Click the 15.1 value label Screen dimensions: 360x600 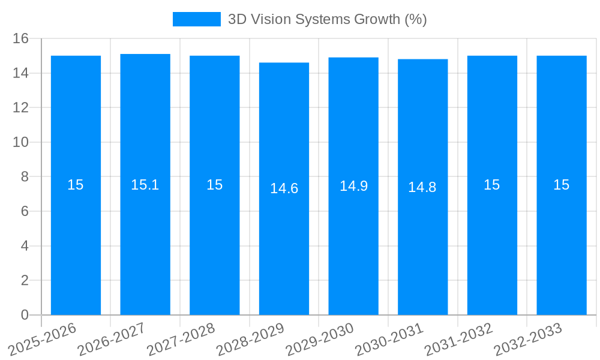pyautogui.click(x=145, y=185)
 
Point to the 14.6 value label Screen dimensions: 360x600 pyautogui.click(x=284, y=188)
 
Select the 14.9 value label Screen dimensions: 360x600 pyautogui.click(x=353, y=186)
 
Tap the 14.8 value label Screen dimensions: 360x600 pyautogui.click(x=422, y=187)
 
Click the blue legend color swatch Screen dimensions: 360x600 pyautogui.click(x=196, y=19)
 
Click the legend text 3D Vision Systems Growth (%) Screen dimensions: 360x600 pyautogui.click(x=327, y=19)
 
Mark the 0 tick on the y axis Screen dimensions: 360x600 pyautogui.click(x=25, y=315)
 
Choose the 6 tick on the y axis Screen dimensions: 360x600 pyautogui.click(x=25, y=212)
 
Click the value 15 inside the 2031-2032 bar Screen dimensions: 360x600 pyautogui.click(x=492, y=185)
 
